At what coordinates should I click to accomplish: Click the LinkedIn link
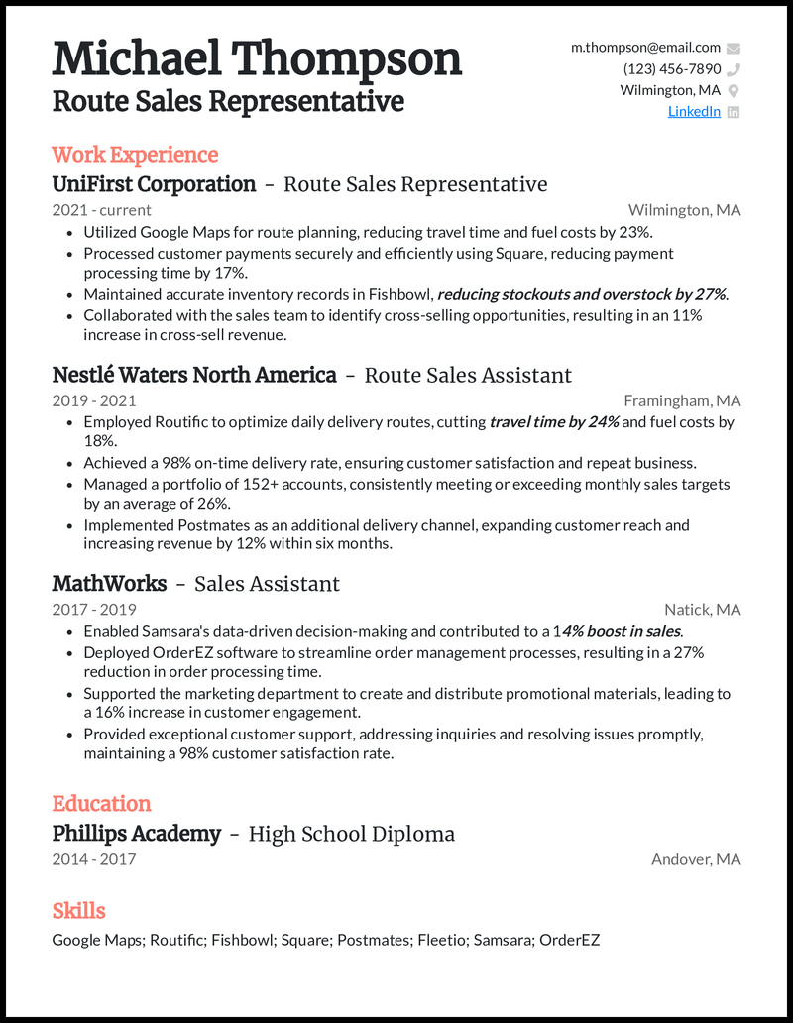pyautogui.click(x=694, y=112)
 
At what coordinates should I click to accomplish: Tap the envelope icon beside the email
pyautogui.click(x=734, y=48)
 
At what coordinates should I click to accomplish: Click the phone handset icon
pyautogui.click(x=734, y=69)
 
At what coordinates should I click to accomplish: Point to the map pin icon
pyautogui.click(x=734, y=91)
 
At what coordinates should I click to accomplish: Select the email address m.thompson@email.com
pyautogui.click(x=645, y=48)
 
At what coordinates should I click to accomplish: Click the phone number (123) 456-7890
pyautogui.click(x=672, y=69)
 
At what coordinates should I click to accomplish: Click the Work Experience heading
pyautogui.click(x=135, y=155)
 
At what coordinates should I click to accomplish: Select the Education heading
pyautogui.click(x=101, y=804)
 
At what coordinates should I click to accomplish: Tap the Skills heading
pyautogui.click(x=78, y=911)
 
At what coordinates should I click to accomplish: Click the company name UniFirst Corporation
pyautogui.click(x=154, y=184)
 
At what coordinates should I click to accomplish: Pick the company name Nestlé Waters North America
pyautogui.click(x=194, y=375)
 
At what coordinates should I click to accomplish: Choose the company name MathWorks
pyautogui.click(x=109, y=584)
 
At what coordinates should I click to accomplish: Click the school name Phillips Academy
pyautogui.click(x=136, y=834)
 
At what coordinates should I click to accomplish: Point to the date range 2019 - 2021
pyautogui.click(x=94, y=401)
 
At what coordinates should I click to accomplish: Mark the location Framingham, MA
pyautogui.click(x=682, y=401)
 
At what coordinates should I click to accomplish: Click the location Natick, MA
pyautogui.click(x=702, y=610)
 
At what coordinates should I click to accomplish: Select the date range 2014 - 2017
pyautogui.click(x=94, y=859)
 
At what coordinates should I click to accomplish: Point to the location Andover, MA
pyautogui.click(x=696, y=859)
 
